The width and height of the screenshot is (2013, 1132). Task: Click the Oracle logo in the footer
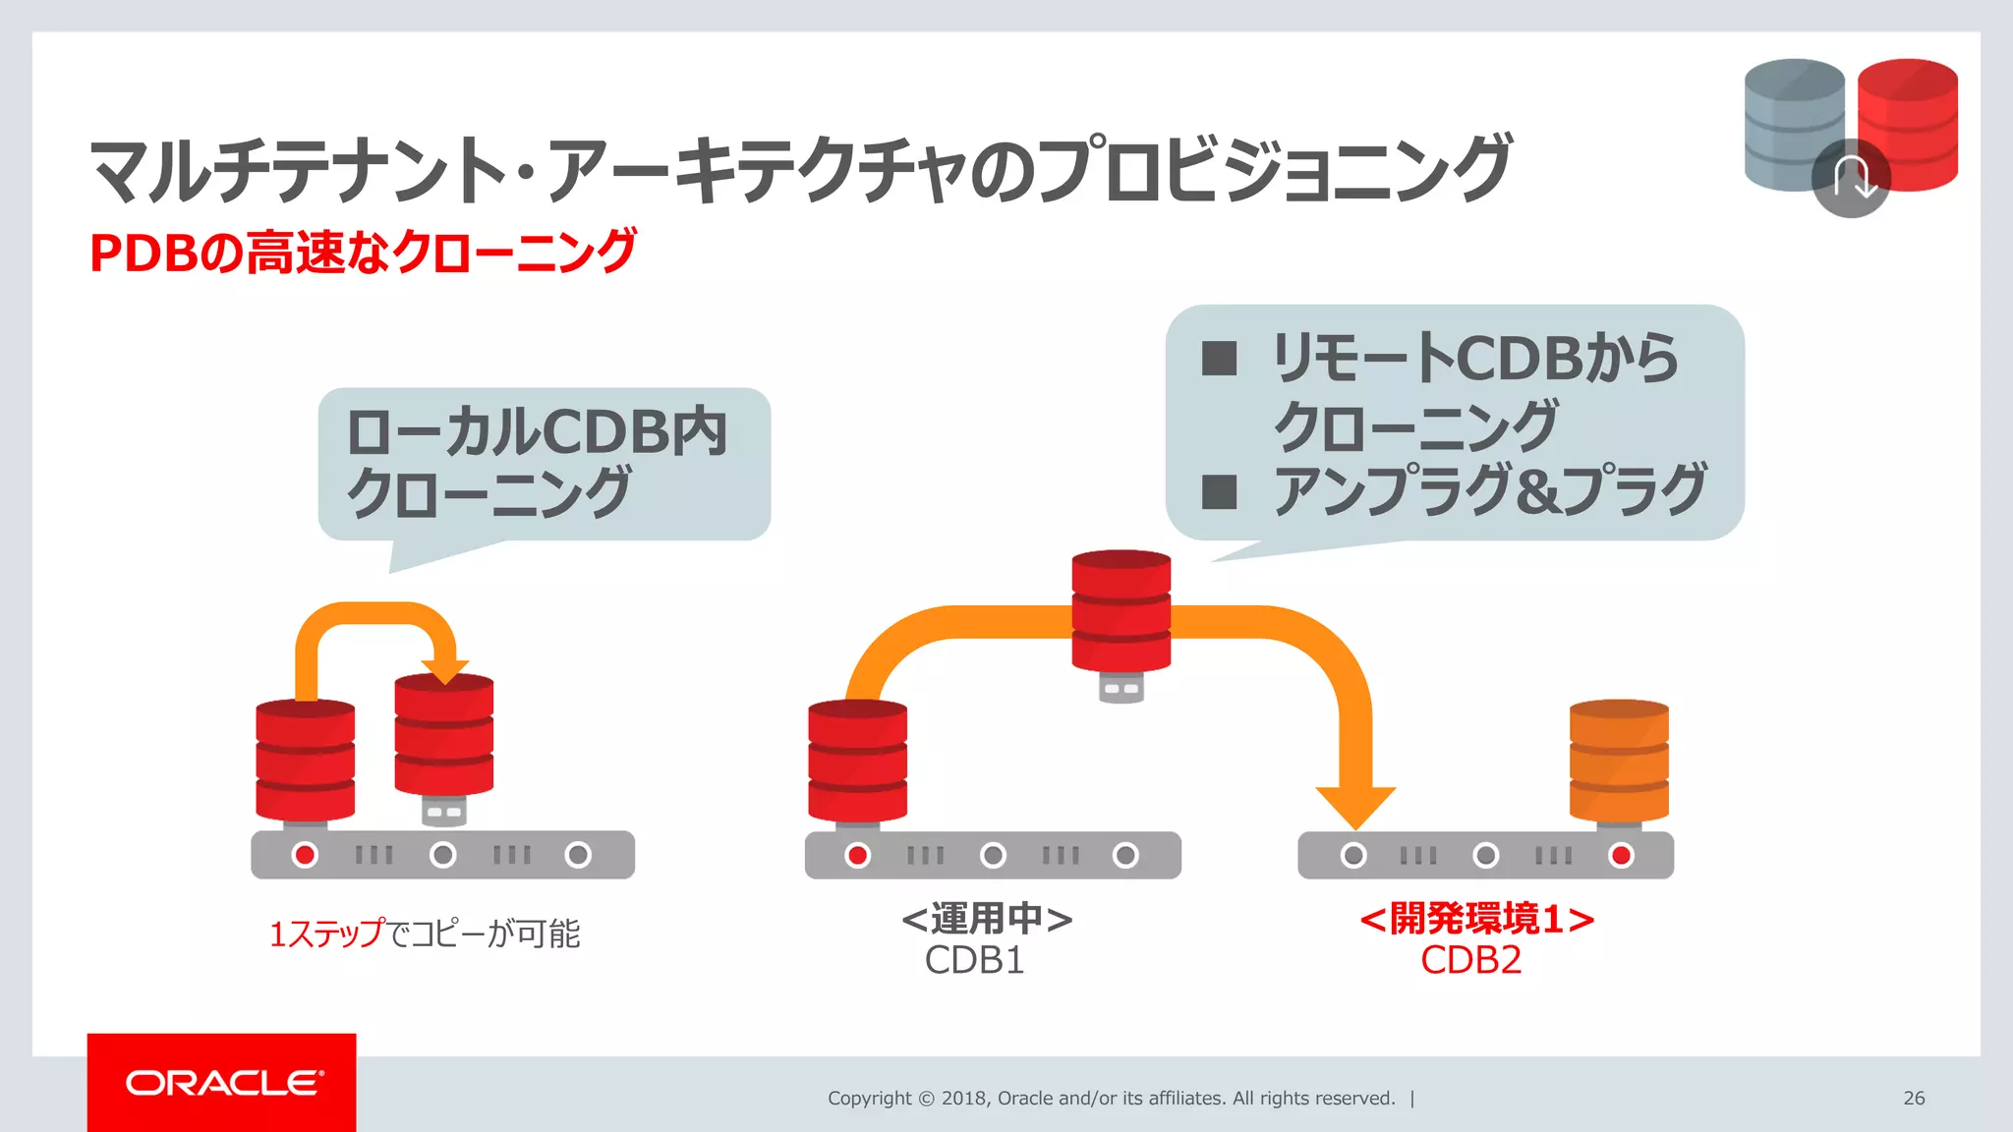[222, 1083]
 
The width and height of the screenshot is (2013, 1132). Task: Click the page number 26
[1913, 1098]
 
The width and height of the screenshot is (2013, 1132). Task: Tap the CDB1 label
[974, 960]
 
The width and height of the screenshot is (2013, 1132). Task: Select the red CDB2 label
[1470, 960]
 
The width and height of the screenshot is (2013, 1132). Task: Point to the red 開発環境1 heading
[1476, 919]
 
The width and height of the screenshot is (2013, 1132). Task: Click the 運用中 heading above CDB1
[987, 919]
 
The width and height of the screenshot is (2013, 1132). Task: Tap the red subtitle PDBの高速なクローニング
[363, 252]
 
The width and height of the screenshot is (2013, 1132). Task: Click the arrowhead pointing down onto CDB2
[1355, 806]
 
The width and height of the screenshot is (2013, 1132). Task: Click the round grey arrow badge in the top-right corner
[1851, 179]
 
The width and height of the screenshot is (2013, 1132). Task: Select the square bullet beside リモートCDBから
[1219, 359]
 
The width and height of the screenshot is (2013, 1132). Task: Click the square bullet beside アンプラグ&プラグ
[1219, 491]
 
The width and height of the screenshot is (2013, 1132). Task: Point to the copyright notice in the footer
[1111, 1098]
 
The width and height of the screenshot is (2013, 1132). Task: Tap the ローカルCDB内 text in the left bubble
[537, 431]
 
